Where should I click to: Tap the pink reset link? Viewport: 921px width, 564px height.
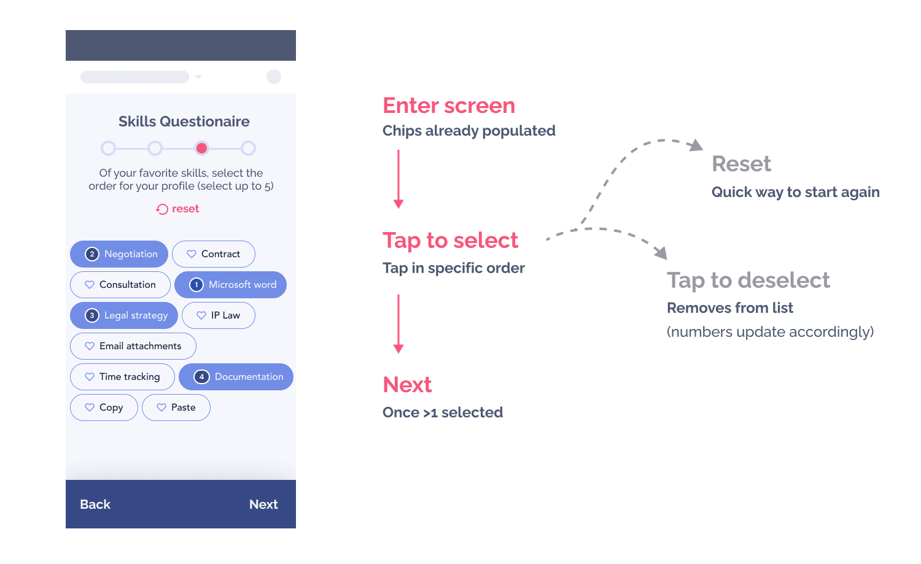(x=177, y=209)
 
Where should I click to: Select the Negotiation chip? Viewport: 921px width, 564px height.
(x=119, y=254)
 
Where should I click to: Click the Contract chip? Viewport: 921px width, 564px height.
(x=214, y=254)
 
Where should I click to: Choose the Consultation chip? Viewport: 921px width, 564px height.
(x=120, y=285)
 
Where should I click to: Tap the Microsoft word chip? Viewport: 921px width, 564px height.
(x=231, y=285)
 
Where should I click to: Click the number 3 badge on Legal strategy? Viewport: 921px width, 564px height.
(x=91, y=315)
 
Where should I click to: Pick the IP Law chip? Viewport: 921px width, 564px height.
(x=219, y=315)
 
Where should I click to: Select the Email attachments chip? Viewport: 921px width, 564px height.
(x=133, y=346)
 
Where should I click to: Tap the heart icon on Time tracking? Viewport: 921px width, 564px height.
(x=89, y=377)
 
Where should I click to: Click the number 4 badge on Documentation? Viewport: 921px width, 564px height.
(x=201, y=377)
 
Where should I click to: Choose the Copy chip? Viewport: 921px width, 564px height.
(x=104, y=408)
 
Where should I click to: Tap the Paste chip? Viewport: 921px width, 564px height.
(x=176, y=408)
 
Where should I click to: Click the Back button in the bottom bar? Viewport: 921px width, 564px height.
(x=95, y=504)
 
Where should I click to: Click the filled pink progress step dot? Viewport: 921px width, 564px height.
(x=201, y=149)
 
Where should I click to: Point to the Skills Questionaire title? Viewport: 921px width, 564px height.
(x=184, y=122)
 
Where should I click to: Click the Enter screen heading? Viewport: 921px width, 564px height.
(x=449, y=106)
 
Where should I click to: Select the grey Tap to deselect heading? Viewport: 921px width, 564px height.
(x=748, y=280)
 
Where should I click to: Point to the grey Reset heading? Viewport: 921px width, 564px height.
(x=741, y=164)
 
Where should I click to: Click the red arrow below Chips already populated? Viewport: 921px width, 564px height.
(x=398, y=179)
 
